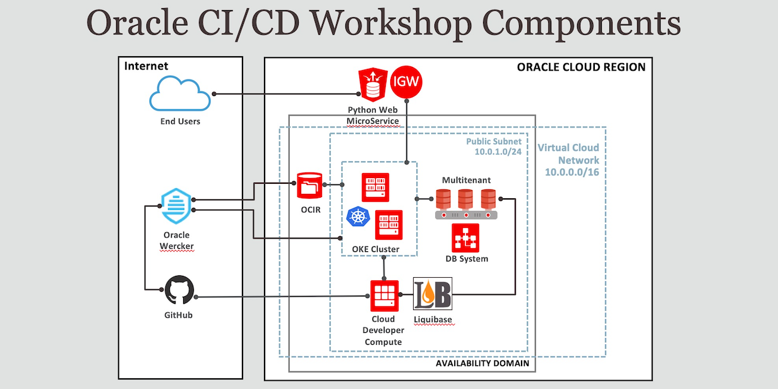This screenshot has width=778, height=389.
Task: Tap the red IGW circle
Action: (406, 81)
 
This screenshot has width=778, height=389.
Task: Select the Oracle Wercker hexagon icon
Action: (176, 206)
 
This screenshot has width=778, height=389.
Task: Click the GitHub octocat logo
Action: (179, 291)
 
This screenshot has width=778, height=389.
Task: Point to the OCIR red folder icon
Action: (309, 186)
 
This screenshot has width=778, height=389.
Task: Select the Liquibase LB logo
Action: (433, 294)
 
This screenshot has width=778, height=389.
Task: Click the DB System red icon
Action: (465, 238)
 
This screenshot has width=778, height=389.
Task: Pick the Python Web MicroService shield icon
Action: (373, 85)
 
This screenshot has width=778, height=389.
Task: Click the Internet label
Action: (146, 66)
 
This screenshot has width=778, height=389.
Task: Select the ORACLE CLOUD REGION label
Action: (581, 67)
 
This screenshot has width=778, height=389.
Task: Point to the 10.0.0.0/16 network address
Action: (572, 172)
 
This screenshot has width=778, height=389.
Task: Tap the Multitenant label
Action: (466, 180)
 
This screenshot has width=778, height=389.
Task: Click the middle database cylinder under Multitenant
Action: (466, 200)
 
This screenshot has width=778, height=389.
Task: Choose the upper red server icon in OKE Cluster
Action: (375, 188)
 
